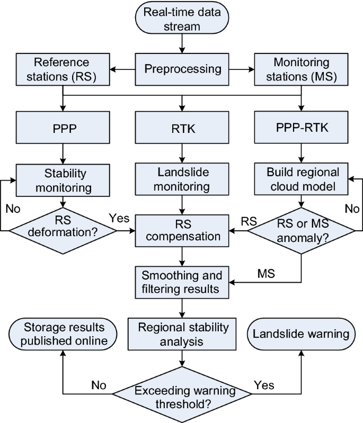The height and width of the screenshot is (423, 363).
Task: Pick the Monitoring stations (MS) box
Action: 302,69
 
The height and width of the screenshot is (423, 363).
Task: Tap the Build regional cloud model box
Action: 302,179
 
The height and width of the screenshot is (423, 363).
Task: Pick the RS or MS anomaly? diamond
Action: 302,230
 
